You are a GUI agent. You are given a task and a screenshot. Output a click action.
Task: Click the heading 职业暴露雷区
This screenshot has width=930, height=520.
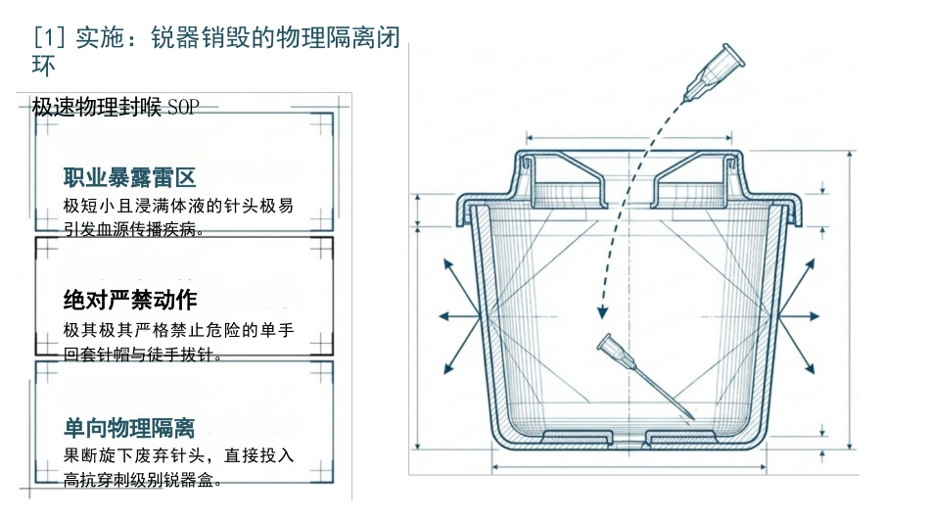(129, 177)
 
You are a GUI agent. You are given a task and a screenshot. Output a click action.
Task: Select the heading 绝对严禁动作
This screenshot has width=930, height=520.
(130, 300)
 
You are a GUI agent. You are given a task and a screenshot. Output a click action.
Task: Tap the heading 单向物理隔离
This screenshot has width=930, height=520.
(129, 427)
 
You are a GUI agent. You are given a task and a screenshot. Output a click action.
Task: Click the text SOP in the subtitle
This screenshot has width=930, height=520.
(183, 108)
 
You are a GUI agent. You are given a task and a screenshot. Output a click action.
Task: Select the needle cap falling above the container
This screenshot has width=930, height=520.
(714, 72)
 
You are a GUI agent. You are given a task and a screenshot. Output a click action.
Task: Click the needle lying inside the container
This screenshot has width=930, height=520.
(645, 377)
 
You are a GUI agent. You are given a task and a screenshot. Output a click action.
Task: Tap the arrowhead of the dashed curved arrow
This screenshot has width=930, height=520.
(603, 311)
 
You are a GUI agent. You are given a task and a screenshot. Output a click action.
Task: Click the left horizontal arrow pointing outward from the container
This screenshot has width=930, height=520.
(459, 316)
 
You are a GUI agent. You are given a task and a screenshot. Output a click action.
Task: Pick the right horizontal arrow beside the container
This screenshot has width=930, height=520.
(799, 316)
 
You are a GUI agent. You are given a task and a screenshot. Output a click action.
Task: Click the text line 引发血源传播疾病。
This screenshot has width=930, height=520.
(134, 229)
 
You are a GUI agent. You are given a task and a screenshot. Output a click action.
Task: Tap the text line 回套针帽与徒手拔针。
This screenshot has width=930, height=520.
(143, 355)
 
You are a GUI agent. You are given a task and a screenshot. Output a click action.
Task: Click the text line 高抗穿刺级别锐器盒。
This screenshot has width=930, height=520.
(143, 480)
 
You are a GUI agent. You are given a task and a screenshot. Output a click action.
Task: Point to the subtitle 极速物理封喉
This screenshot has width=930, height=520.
(97, 108)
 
